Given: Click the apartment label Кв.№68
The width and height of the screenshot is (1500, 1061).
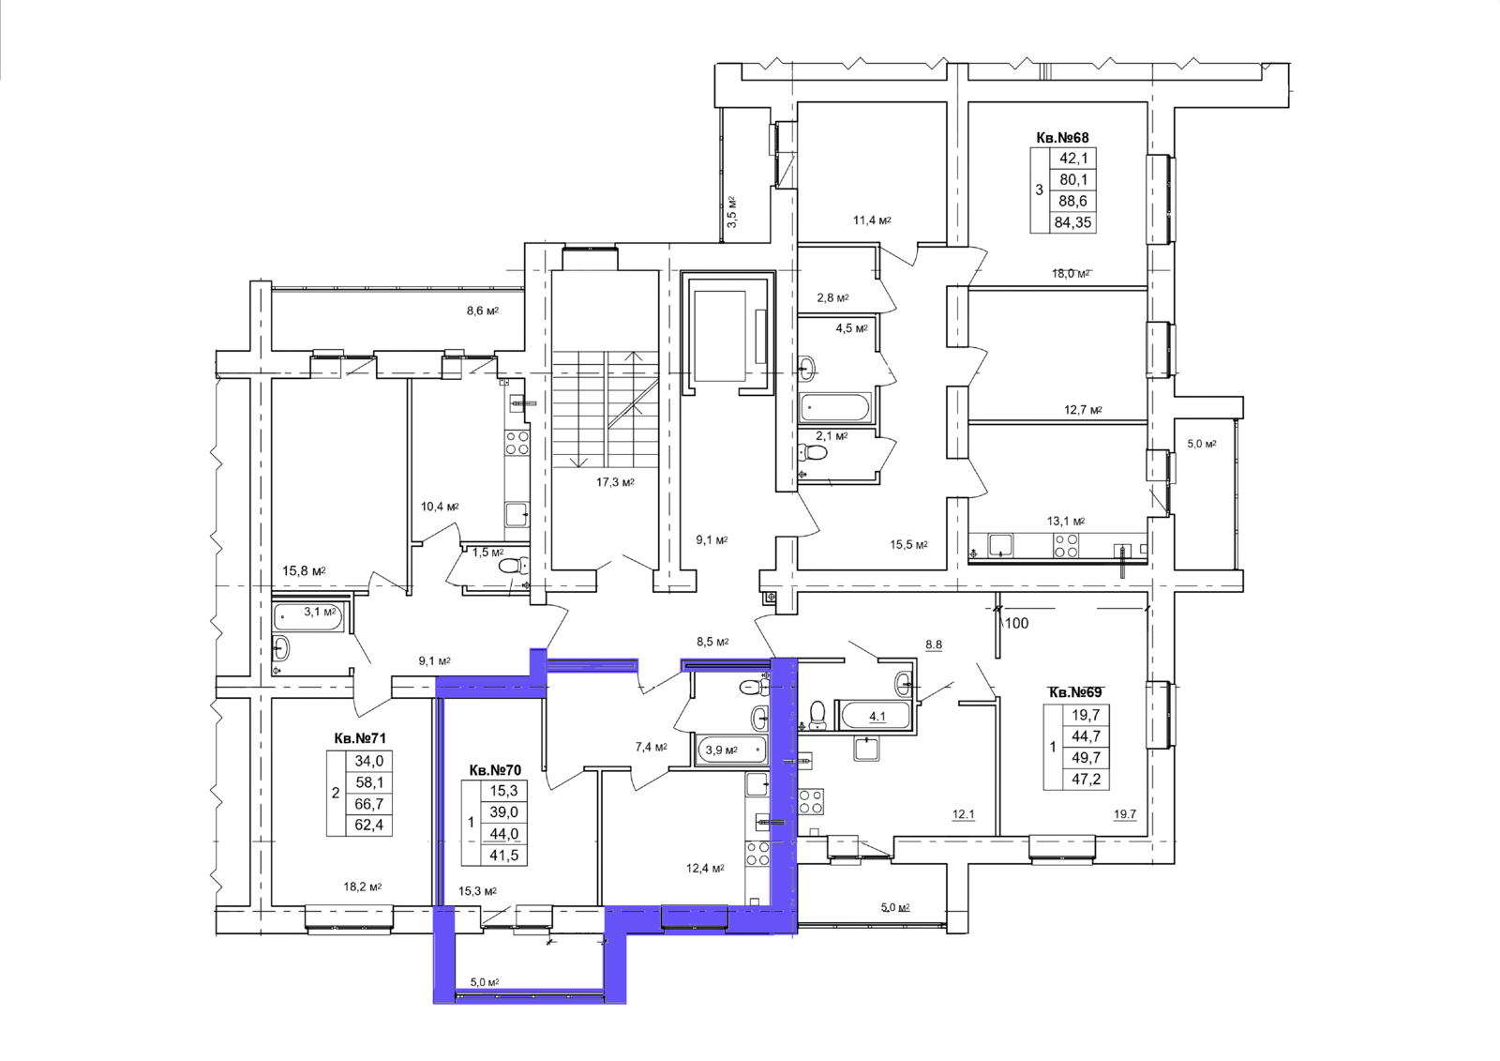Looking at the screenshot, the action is pyautogui.click(x=1062, y=137).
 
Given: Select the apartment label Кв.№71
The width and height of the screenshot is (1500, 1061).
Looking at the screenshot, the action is pyautogui.click(x=360, y=738).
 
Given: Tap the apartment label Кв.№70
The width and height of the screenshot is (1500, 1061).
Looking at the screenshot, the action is pyautogui.click(x=495, y=771).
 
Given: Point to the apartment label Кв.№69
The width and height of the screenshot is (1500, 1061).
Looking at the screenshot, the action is pyautogui.click(x=1074, y=692).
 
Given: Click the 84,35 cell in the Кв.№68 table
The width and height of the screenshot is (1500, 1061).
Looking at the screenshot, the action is pyautogui.click(x=1072, y=222).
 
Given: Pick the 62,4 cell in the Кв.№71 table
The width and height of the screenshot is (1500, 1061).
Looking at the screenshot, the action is pyautogui.click(x=369, y=826).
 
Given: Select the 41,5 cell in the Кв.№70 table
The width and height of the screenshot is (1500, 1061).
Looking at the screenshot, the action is pyautogui.click(x=503, y=856).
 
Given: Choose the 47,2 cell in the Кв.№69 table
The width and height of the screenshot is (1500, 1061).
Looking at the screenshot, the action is pyautogui.click(x=1087, y=780).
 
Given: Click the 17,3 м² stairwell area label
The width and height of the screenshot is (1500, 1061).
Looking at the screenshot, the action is pyautogui.click(x=615, y=482).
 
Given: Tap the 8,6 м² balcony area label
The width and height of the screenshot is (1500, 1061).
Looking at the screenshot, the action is pyautogui.click(x=482, y=311).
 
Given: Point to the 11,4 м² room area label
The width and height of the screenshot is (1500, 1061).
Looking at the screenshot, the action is pyautogui.click(x=872, y=220).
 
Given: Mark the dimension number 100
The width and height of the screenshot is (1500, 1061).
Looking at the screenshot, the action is pyautogui.click(x=1016, y=623).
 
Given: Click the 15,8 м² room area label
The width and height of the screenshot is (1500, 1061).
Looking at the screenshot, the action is pyautogui.click(x=304, y=571).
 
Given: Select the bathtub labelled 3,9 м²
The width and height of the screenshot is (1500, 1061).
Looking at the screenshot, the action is pyautogui.click(x=731, y=750).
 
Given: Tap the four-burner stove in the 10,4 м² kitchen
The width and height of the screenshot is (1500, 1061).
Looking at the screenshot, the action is pyautogui.click(x=517, y=443).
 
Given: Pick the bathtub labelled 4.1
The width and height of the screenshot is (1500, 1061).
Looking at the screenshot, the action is pyautogui.click(x=875, y=717).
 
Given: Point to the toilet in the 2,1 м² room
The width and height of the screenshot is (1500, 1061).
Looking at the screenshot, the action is pyautogui.click(x=813, y=453).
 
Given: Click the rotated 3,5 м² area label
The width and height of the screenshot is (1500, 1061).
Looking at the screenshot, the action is pyautogui.click(x=732, y=212).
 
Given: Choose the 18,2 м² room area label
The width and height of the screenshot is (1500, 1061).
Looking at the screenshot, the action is pyautogui.click(x=362, y=887).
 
